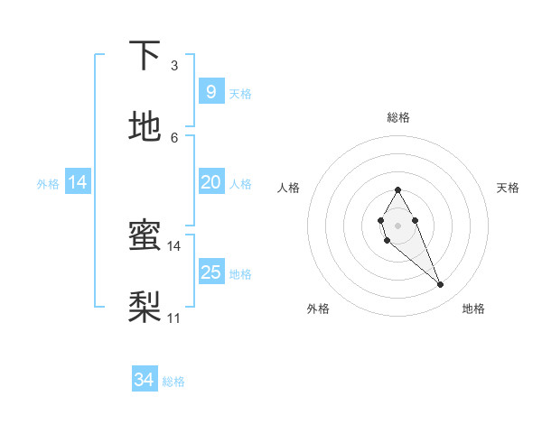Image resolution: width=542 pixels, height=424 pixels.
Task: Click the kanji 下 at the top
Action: pos(145,56)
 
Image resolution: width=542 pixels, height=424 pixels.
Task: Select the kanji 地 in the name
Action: pos(145,127)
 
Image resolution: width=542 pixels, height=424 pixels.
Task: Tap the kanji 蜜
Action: pos(145,235)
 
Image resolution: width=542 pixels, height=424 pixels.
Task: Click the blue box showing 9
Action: pos(210,91)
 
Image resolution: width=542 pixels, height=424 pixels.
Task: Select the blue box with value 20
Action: pos(210,182)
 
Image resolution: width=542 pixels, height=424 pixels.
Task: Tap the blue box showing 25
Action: pos(210,272)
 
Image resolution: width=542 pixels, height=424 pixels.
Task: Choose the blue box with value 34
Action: pos(145,380)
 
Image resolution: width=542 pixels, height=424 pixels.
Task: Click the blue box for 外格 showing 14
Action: pos(78,182)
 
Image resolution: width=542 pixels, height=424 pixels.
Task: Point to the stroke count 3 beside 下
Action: pos(174,66)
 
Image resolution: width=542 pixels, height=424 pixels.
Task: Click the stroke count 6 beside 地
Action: pos(174,137)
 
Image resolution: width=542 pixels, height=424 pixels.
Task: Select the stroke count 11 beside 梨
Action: pos(174,318)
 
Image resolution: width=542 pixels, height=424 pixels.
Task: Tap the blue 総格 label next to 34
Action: pos(173,382)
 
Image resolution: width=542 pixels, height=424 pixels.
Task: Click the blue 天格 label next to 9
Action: pos(240,93)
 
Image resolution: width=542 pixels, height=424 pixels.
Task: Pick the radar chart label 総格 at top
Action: pos(398,117)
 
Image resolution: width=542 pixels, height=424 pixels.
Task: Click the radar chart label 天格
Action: pos(508,188)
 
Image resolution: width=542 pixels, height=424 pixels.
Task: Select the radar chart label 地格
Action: pos(473,309)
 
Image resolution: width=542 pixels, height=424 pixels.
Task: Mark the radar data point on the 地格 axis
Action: pos(441,285)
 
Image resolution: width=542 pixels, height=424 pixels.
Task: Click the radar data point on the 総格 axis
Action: pos(397,189)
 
